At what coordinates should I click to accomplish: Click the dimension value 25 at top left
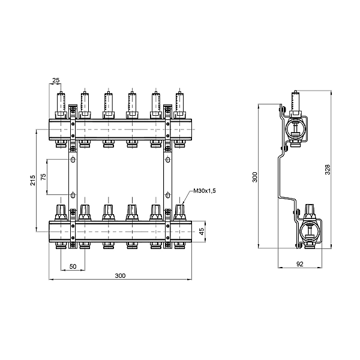click(56, 80)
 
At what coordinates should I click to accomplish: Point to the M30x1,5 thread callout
click(204, 191)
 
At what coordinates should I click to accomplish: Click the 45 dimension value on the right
click(202, 230)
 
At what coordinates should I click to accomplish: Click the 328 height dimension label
click(328, 170)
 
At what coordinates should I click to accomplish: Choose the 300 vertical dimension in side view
click(254, 177)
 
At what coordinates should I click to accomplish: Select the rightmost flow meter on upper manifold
click(179, 103)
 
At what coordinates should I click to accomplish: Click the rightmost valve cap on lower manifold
click(179, 211)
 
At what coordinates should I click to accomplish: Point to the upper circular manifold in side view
click(295, 128)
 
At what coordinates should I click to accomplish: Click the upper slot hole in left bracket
click(73, 160)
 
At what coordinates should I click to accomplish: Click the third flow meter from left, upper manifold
click(107, 103)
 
